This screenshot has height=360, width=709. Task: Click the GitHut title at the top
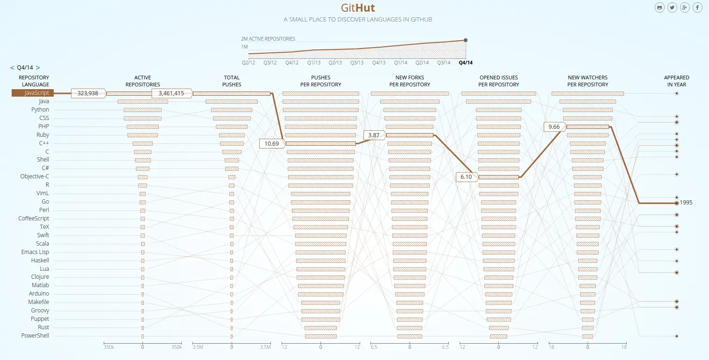pos(357,8)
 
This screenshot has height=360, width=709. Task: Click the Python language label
pos(40,110)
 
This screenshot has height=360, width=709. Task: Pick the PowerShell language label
pos(35,336)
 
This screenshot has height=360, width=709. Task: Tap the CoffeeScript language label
pos(34,219)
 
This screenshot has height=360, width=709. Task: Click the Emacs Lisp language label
pos(35,252)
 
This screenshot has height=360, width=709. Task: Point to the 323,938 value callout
pos(88,93)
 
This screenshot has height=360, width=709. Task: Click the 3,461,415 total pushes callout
pos(171,93)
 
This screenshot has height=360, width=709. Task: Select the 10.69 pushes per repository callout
pos(271,143)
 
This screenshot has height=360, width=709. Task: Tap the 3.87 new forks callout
pos(374,135)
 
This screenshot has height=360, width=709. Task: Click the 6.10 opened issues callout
pos(466,177)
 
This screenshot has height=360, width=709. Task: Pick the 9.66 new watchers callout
pos(554,127)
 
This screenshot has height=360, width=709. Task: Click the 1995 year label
pos(686,203)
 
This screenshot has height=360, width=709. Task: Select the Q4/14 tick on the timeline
pos(465,63)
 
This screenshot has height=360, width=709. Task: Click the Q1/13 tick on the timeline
pos(314,63)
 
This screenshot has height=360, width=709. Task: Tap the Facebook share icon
pos(697,7)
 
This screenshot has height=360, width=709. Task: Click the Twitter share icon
pos(672,7)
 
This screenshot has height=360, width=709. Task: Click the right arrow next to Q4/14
pos(38,68)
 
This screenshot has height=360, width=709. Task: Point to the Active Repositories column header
pos(142,81)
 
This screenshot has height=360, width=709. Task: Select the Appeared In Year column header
pos(676,81)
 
